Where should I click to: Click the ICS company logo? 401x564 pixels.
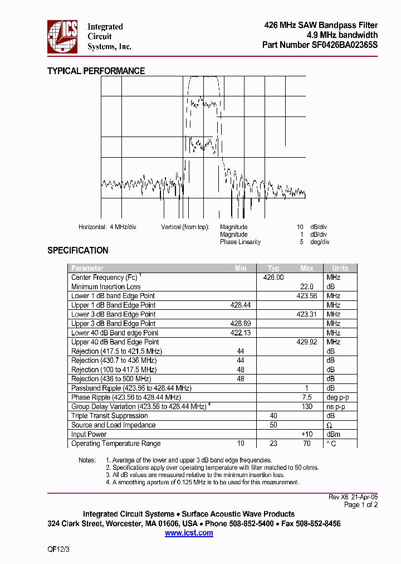(x=62, y=36)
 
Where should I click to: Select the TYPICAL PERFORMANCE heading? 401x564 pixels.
(x=96, y=71)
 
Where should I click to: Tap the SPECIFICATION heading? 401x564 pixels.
(x=77, y=250)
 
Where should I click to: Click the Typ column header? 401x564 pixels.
(x=273, y=268)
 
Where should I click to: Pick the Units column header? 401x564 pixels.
(x=340, y=268)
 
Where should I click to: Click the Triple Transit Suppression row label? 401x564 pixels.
(x=110, y=416)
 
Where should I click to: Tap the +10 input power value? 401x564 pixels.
(x=307, y=434)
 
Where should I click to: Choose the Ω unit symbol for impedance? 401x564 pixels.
(x=329, y=425)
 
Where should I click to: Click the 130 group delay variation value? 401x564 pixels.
(x=307, y=406)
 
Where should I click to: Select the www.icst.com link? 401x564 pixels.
(x=189, y=533)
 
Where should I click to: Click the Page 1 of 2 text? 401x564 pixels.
(x=361, y=505)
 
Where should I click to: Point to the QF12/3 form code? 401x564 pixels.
(x=58, y=549)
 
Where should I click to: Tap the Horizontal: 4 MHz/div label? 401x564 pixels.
(x=107, y=227)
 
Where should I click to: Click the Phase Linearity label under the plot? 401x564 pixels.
(x=240, y=242)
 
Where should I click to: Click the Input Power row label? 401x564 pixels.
(x=89, y=434)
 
